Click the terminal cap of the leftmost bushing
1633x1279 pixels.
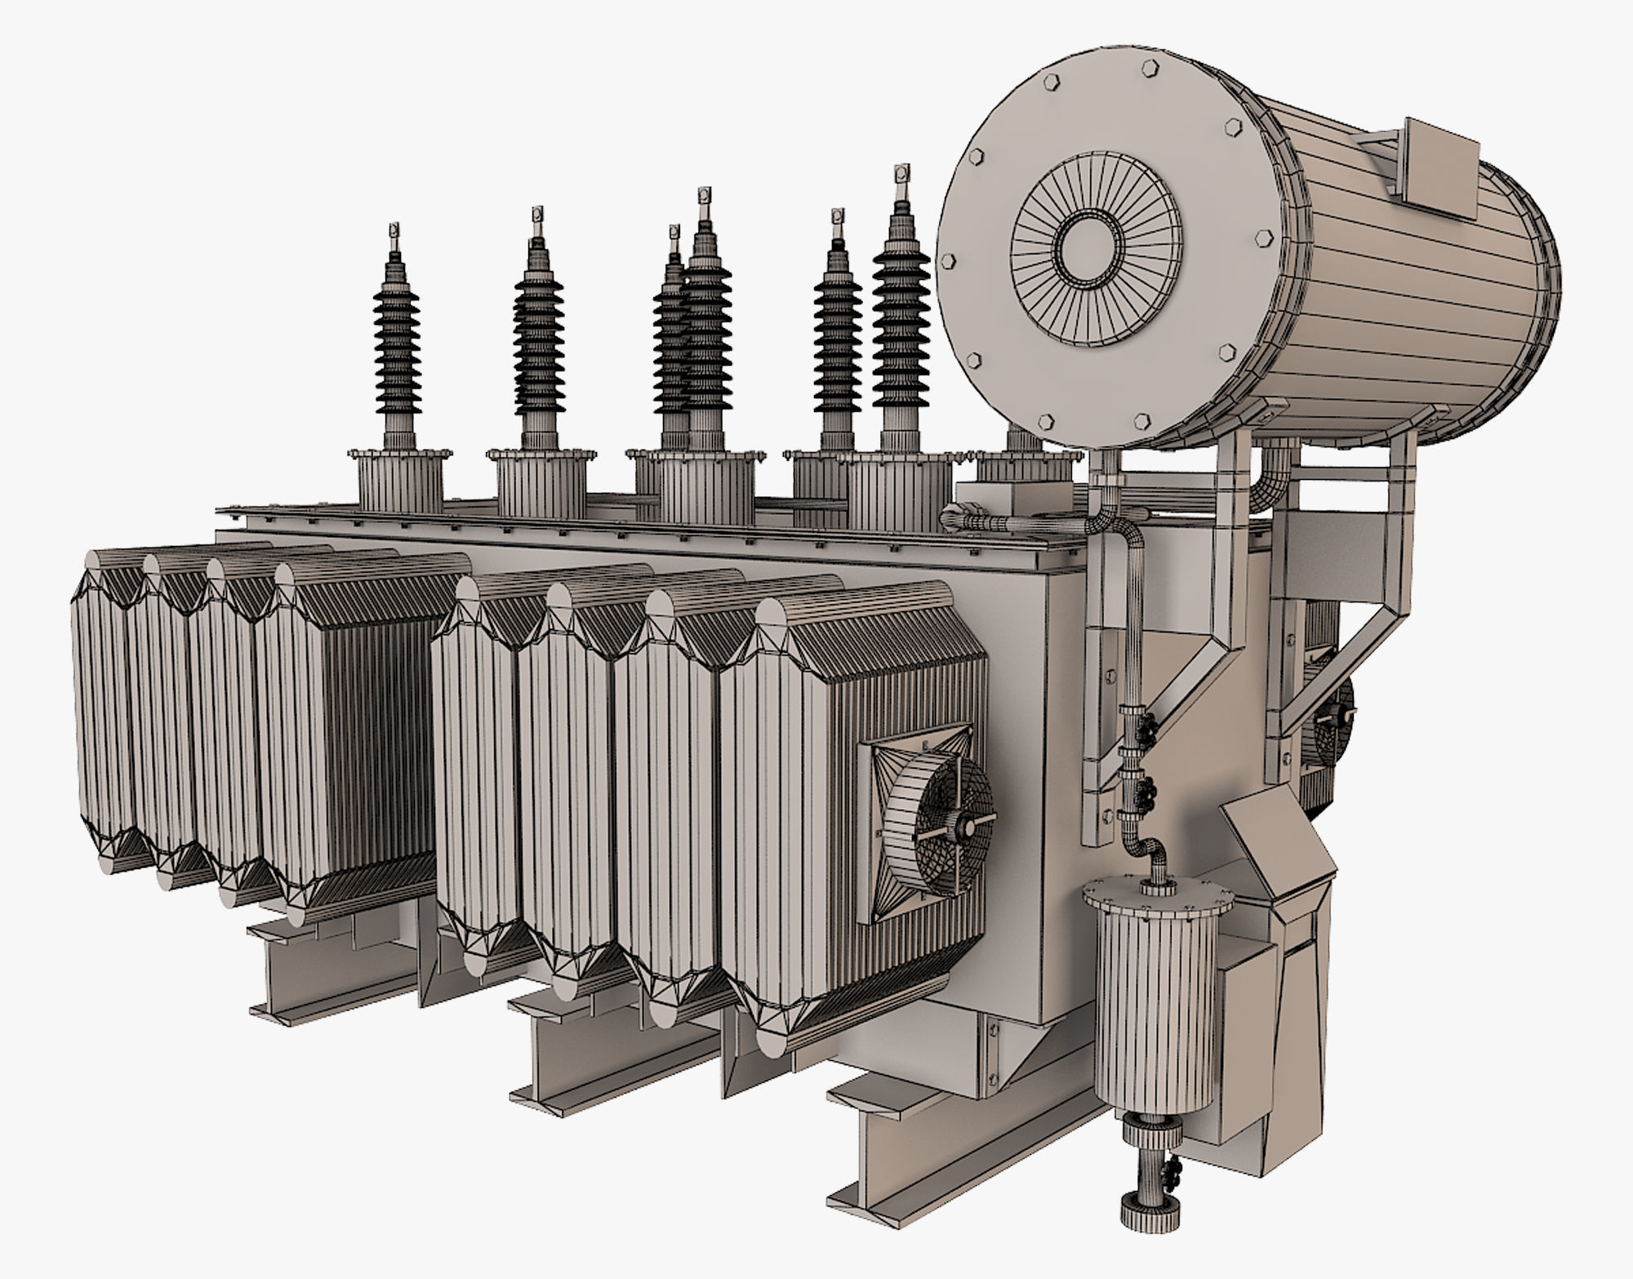(394, 232)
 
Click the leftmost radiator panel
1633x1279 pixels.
(102, 710)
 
